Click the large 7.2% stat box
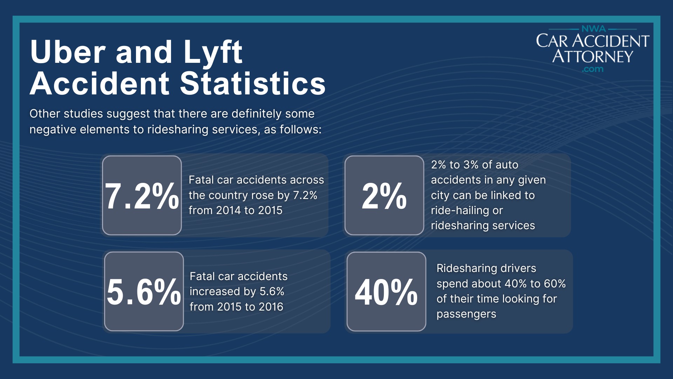pos(142,195)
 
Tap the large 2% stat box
pos(384,195)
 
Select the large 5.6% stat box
pos(144,291)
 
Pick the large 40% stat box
pos(386,291)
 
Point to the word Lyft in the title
pos(212,53)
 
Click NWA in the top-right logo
pos(593,29)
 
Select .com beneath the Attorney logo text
pos(592,69)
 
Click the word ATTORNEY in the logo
pos(592,56)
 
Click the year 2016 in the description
pos(271,307)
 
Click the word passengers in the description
pos(466,314)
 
